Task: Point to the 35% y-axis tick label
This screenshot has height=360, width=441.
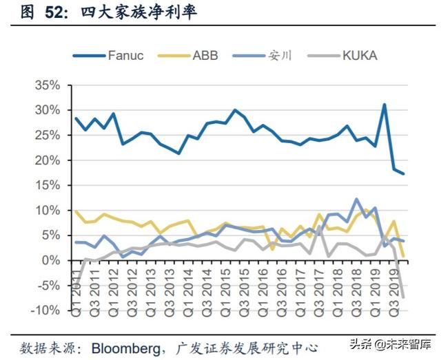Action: click(47, 85)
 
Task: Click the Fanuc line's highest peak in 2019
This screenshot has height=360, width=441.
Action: click(384, 105)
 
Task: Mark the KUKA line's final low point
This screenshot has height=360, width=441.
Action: click(403, 297)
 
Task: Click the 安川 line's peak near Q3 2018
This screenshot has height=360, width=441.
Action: click(356, 200)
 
